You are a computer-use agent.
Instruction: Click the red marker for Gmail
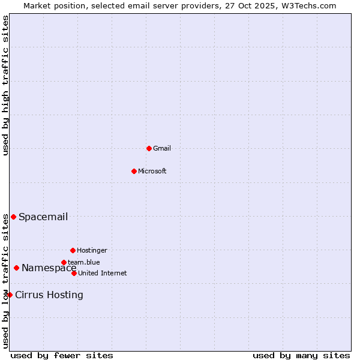click(x=149, y=148)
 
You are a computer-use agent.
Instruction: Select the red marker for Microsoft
click(x=134, y=171)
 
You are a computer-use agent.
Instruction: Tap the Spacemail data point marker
click(x=13, y=217)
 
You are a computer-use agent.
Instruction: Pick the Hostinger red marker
click(x=73, y=250)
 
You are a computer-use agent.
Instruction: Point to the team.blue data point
click(x=64, y=262)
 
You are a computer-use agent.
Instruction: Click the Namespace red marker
click(x=16, y=268)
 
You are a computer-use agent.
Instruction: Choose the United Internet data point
click(x=74, y=273)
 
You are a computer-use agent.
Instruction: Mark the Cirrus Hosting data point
click(x=10, y=295)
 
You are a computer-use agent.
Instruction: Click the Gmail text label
click(x=162, y=148)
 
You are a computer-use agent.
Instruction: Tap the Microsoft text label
click(x=152, y=171)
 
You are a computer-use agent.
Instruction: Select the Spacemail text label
click(x=43, y=217)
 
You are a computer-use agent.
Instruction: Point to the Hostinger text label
click(x=92, y=250)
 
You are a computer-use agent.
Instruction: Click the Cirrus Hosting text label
click(x=49, y=295)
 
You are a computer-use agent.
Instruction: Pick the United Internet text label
click(x=103, y=273)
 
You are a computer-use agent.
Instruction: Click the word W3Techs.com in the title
click(x=309, y=5)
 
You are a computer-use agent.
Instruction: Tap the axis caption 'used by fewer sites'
click(x=62, y=355)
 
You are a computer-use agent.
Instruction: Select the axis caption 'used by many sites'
click(x=301, y=355)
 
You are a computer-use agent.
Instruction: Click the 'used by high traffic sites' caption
click(x=5, y=86)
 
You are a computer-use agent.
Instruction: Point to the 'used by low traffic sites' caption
click(x=5, y=281)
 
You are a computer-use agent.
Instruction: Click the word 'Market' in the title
click(x=37, y=5)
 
